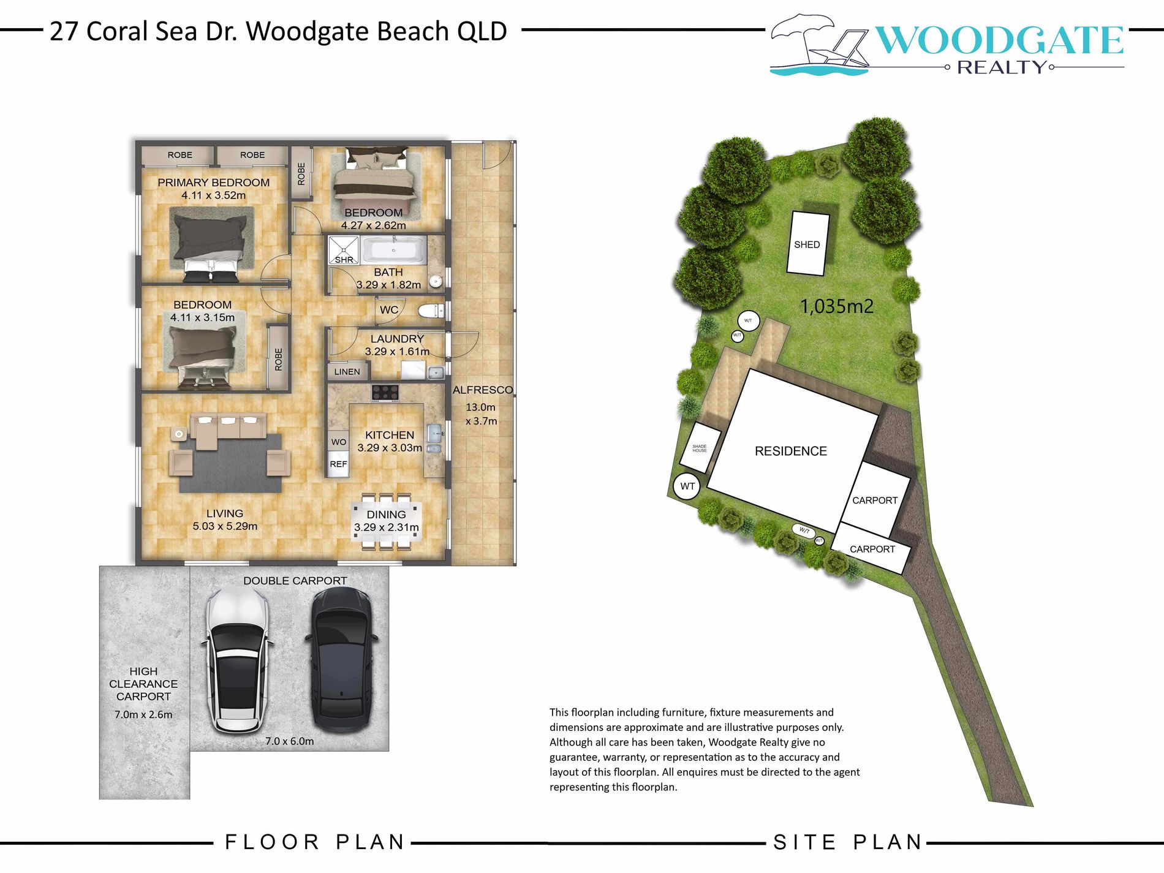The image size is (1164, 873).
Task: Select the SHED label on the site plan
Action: coord(807,244)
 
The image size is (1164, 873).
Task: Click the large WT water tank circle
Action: coord(687,486)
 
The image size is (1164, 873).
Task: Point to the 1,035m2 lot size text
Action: coord(836,306)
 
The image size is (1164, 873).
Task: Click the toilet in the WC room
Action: coord(431,311)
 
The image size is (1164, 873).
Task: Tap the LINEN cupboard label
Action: coord(347,371)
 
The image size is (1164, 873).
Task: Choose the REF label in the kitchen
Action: coord(338,464)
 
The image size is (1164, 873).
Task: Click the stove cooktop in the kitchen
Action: coord(385,392)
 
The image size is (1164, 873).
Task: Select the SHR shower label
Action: coord(344,260)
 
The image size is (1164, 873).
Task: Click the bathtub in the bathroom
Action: coord(393,251)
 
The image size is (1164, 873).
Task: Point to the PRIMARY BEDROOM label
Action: coord(213,183)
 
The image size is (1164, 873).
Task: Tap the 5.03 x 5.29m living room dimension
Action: coord(225,526)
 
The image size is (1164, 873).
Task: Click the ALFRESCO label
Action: coord(483,390)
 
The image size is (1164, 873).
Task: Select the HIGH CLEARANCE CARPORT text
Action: coord(143,684)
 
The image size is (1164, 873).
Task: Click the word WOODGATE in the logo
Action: coord(999,40)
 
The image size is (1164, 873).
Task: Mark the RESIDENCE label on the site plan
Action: coord(790,452)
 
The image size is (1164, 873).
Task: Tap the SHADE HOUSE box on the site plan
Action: coord(700,448)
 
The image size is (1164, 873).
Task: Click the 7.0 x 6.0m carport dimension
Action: coord(289,741)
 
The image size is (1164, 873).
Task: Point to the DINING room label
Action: coord(386,515)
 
